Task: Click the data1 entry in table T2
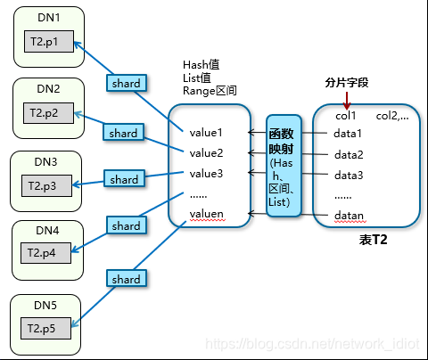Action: coord(349,135)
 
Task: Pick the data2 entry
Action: coord(349,155)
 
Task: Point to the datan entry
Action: coord(349,216)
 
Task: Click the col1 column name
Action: coord(346,115)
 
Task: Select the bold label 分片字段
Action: coord(346,83)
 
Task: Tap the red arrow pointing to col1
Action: coord(347,99)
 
